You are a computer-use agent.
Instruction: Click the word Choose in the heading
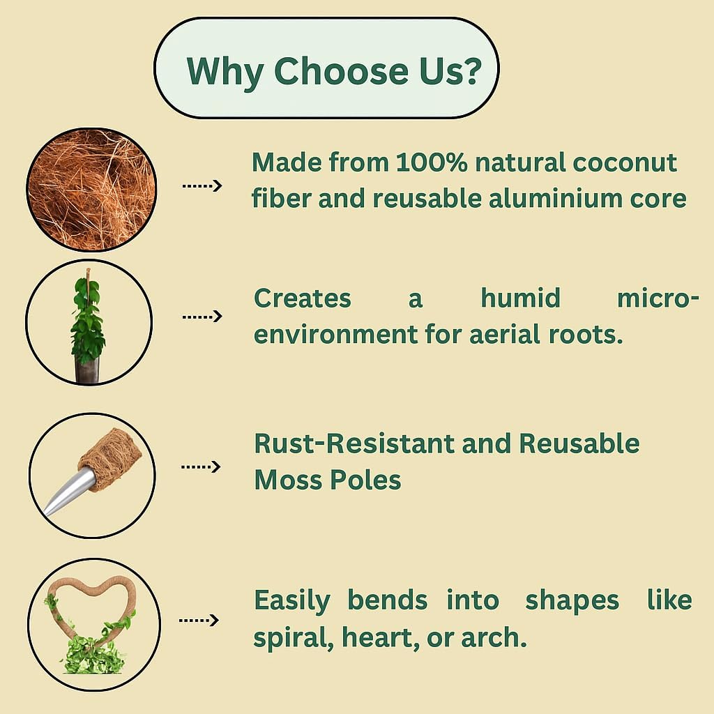[342, 71]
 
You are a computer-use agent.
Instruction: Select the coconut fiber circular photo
[91, 190]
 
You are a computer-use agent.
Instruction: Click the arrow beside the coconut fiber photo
[202, 185]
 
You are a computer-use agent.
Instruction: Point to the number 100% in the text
[431, 162]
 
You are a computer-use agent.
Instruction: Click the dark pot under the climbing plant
[87, 370]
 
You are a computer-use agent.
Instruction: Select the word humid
[520, 298]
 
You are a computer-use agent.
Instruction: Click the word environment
[335, 335]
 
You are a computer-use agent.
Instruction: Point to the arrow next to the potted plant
[202, 317]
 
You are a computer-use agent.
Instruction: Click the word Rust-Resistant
[354, 443]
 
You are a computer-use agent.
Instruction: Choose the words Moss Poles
[328, 480]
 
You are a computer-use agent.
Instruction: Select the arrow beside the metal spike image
[201, 466]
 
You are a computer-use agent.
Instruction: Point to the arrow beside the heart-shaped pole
[199, 620]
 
